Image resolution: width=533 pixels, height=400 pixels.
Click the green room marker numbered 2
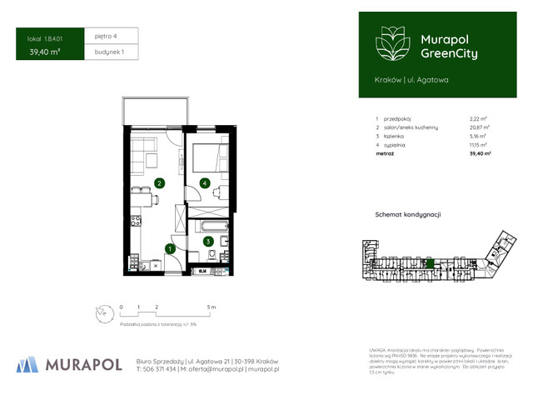pos(159,182)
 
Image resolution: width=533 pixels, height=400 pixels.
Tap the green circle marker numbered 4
pos(204,183)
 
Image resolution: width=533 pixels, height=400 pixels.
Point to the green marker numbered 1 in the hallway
pos(169,247)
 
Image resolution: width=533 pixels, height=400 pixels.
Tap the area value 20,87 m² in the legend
pos(479,127)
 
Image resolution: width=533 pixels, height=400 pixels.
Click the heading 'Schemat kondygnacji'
pos(408,214)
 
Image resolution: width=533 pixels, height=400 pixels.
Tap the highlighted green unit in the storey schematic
pos(429,262)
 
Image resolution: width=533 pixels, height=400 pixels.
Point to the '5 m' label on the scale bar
pos(212,307)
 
